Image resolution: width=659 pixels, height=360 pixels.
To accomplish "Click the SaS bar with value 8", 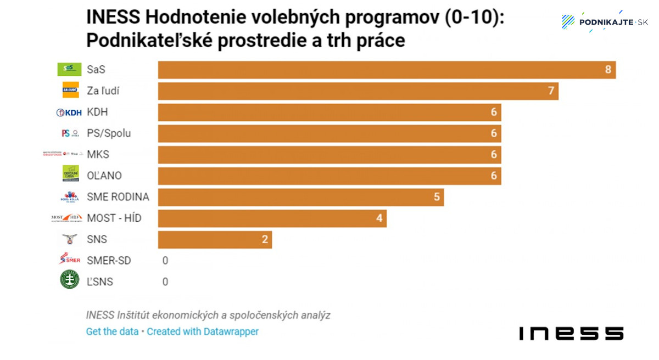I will [x=387, y=70].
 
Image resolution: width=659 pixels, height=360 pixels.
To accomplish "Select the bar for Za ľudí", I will [x=358, y=91].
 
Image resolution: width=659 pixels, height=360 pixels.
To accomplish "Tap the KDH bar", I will [x=329, y=112].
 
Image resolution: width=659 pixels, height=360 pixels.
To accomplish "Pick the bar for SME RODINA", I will [x=301, y=197].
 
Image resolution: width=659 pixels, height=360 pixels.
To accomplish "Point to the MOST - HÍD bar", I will [x=272, y=218].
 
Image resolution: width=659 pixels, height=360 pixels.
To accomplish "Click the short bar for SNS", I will [x=215, y=240].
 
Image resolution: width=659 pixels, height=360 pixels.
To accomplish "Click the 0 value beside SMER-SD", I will [x=165, y=261].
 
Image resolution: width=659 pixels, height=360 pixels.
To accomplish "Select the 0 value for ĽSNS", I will [x=165, y=282].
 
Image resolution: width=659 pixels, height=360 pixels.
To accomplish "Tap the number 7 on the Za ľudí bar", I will [x=551, y=91].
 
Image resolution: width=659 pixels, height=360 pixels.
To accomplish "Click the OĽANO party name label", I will [x=104, y=176].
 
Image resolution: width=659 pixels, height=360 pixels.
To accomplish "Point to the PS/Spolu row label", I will [x=109, y=133].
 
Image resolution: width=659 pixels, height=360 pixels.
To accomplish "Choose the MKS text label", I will [x=98, y=155].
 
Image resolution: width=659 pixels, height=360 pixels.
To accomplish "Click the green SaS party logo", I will [x=69, y=69].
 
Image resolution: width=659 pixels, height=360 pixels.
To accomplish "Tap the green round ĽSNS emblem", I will [x=70, y=280].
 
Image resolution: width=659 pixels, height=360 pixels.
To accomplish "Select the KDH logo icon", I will [x=69, y=113].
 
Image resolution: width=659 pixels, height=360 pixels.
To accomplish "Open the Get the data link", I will [x=112, y=331].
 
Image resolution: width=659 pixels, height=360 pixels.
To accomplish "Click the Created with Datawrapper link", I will [x=203, y=331].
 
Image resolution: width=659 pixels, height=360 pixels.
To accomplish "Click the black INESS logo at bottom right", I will [x=571, y=333].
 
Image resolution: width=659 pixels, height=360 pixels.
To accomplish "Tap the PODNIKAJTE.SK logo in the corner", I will [x=605, y=22].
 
